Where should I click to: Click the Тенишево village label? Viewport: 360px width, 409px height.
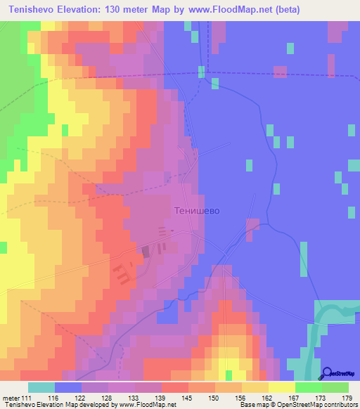tap(197, 211)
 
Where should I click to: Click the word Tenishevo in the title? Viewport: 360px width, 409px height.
tap(30, 9)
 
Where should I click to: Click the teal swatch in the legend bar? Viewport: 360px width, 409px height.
tap(41, 387)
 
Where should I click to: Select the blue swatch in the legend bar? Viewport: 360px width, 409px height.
tap(68, 387)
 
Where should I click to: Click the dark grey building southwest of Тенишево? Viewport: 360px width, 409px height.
tap(146, 250)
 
